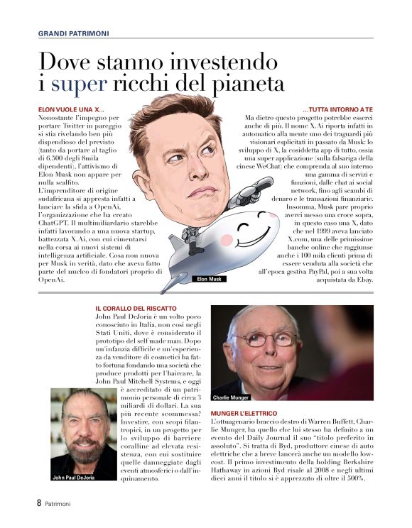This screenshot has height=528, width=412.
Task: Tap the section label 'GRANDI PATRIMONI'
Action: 73,33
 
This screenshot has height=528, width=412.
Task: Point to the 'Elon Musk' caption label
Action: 209,279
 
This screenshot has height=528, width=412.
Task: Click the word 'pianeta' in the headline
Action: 247,84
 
